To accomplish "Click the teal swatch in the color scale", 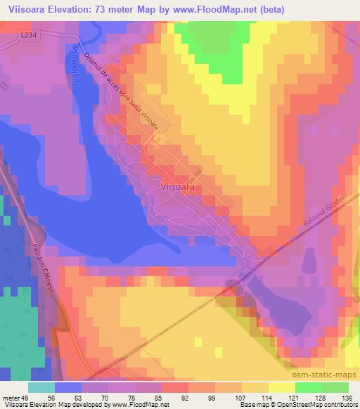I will [x=41, y=387].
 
